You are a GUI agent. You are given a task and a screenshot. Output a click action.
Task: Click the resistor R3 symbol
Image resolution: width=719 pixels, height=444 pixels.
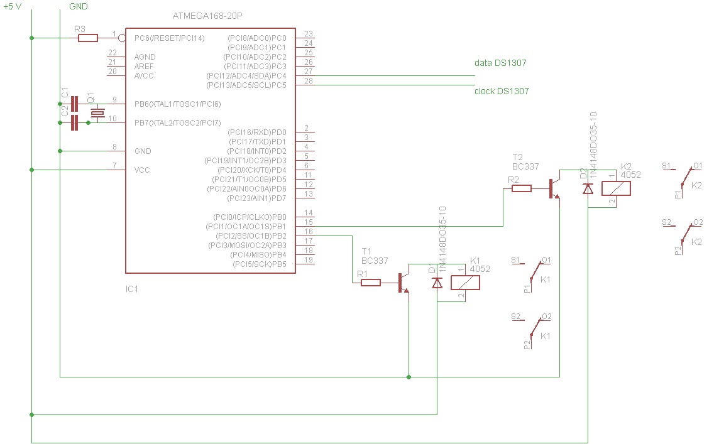click(x=88, y=38)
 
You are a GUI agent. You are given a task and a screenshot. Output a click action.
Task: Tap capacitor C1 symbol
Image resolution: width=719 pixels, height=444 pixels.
click(x=75, y=104)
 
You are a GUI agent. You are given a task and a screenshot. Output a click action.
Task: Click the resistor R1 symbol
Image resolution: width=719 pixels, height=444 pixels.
click(x=371, y=283)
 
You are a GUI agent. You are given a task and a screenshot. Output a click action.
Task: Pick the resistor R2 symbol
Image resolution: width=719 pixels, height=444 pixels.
click(x=522, y=188)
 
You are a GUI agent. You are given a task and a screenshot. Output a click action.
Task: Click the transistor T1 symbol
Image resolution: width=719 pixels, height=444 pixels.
click(x=403, y=283)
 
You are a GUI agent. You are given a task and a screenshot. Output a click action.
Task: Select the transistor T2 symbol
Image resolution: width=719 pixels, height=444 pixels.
click(x=554, y=188)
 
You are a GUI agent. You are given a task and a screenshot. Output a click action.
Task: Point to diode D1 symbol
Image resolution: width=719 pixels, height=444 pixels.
click(x=437, y=283)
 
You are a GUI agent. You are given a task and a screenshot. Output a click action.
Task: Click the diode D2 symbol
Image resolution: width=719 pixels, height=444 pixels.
click(x=588, y=188)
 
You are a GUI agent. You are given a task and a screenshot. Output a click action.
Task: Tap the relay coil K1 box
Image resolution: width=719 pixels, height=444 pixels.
click(x=466, y=283)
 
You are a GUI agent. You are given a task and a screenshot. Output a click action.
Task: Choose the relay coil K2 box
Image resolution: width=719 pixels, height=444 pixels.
click(x=617, y=188)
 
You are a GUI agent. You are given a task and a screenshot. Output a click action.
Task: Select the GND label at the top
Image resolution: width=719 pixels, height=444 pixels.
click(x=77, y=6)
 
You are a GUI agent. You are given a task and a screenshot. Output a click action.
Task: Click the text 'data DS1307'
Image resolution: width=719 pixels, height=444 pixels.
click(x=500, y=63)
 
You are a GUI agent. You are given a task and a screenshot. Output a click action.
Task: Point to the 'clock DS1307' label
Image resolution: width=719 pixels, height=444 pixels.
click(x=502, y=91)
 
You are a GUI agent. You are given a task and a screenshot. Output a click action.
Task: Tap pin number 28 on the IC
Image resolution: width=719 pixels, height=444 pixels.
click(x=308, y=81)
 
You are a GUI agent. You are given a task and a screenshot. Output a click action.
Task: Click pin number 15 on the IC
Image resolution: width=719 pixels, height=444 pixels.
click(x=308, y=222)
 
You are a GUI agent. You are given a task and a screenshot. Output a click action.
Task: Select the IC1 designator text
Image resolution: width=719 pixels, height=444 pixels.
click(x=132, y=290)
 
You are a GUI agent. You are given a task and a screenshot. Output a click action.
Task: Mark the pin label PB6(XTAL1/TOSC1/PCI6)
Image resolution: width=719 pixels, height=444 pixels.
click(x=177, y=104)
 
